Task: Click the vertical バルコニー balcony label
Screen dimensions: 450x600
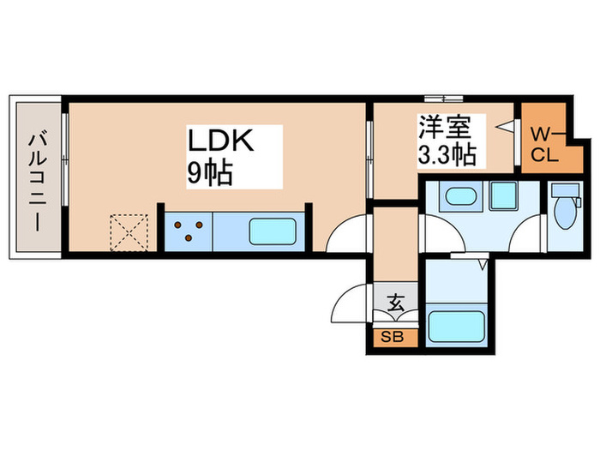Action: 38,178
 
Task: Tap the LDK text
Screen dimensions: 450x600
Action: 220,141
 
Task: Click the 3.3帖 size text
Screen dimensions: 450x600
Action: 447,155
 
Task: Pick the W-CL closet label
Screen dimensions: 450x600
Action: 543,143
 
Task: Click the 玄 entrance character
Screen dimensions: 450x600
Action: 396,303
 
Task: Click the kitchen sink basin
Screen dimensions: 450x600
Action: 273,231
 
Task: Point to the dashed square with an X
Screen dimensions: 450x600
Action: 129,231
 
